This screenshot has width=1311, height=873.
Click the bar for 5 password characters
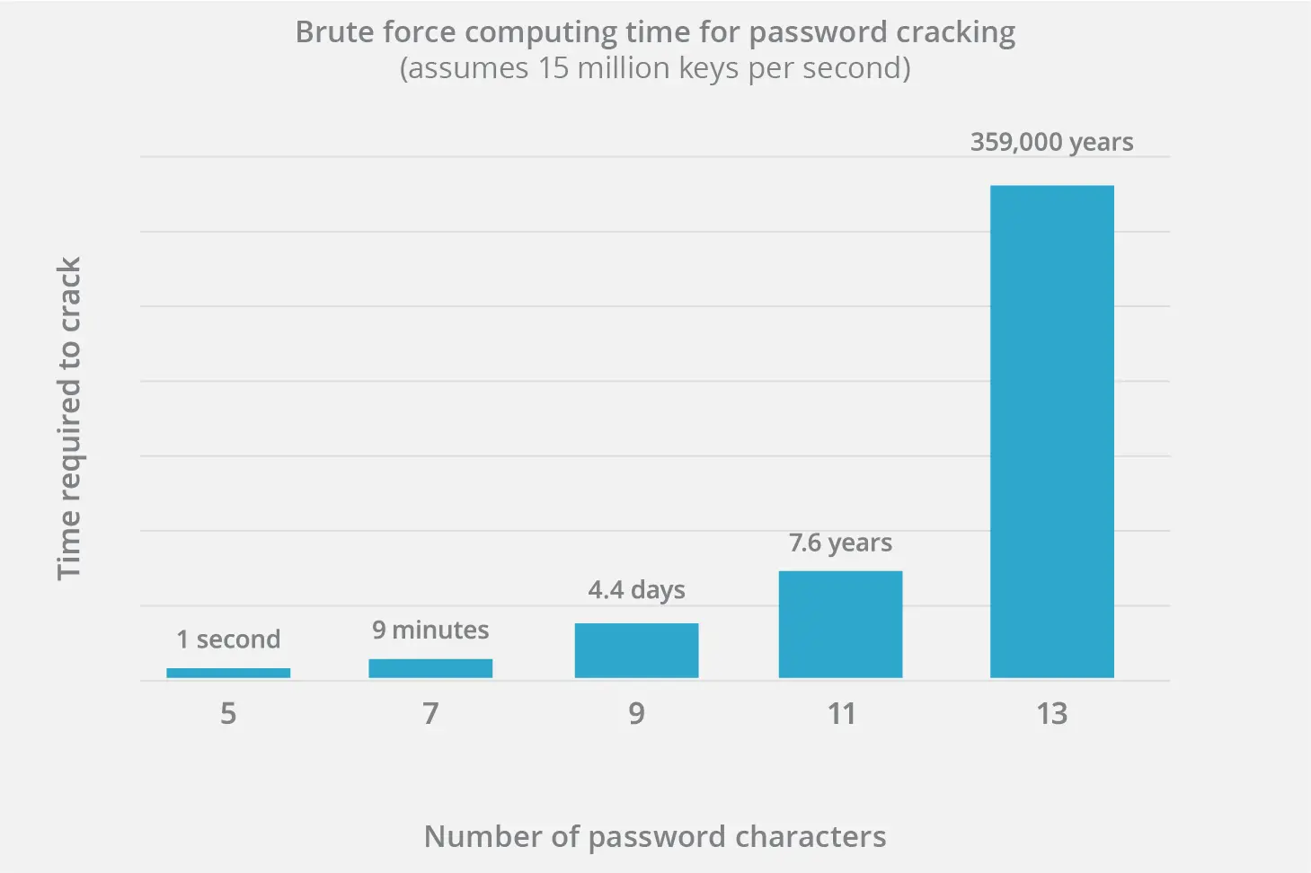[x=228, y=673]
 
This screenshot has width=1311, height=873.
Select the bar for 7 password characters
[x=430, y=668]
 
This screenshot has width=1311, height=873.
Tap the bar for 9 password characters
[x=636, y=650]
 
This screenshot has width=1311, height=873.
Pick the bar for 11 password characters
[x=840, y=624]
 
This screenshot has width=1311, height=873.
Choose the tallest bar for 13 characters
[x=1051, y=431]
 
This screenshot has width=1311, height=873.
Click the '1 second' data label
[x=228, y=639]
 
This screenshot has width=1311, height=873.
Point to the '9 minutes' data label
[x=430, y=630]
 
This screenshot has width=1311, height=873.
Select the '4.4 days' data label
[x=636, y=590]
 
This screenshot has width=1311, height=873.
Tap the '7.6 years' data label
[x=840, y=542]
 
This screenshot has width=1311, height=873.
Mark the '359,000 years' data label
[x=1051, y=142]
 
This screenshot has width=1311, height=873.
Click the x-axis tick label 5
[x=228, y=713]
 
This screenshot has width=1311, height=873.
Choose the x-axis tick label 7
[x=430, y=713]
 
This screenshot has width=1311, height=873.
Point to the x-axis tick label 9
[x=636, y=713]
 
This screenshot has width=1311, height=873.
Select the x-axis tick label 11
[x=841, y=713]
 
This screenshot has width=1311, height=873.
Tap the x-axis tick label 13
[x=1051, y=713]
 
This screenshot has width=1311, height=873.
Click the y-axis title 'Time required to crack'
[x=69, y=419]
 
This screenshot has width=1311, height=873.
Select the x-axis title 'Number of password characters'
[x=655, y=836]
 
